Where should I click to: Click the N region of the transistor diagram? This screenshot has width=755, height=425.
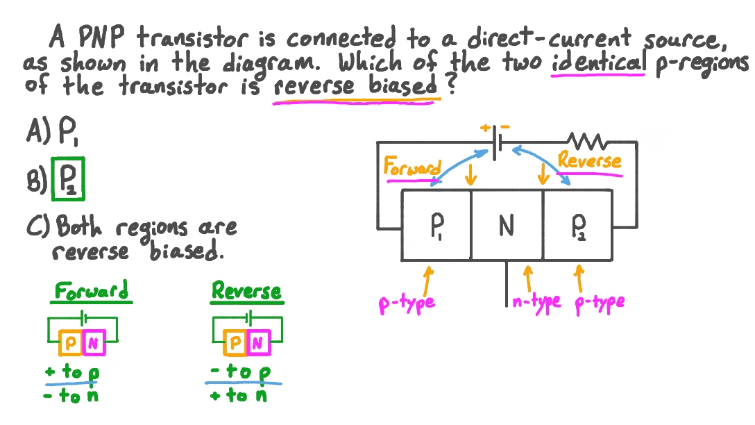point(507,225)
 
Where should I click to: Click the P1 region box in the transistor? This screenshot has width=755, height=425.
point(436,225)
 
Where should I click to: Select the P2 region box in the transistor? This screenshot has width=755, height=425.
point(578,225)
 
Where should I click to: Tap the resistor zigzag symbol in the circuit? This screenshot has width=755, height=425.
point(588,142)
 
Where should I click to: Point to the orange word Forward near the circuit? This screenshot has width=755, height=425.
point(412,167)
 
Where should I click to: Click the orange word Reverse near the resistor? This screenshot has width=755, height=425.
point(589,161)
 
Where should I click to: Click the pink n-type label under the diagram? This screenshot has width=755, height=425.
point(536,302)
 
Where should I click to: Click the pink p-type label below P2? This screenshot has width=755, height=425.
point(600,302)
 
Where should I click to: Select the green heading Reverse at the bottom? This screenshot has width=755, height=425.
point(246,290)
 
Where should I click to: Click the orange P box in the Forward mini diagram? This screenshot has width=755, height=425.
point(71,342)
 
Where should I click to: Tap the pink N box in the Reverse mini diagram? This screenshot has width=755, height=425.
point(257,342)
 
